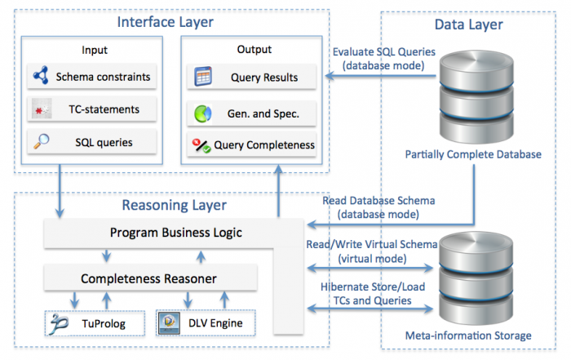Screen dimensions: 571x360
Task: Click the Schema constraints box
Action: pyautogui.click(x=91, y=77)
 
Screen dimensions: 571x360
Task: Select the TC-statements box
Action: pyautogui.click(x=91, y=109)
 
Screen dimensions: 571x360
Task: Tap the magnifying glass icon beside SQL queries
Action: pyautogui.click(x=42, y=141)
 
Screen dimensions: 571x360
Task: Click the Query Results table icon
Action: pyautogui.click(x=203, y=76)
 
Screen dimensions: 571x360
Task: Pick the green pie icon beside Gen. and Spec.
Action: pyautogui.click(x=203, y=113)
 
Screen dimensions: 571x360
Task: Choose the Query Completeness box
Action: pyautogui.click(x=251, y=144)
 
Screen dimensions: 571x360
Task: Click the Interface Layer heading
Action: pyautogui.click(x=165, y=22)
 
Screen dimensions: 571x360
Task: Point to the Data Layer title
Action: pyautogui.click(x=469, y=24)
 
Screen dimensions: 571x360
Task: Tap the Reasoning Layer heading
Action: pyautogui.click(x=174, y=205)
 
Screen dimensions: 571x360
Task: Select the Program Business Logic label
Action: pyautogui.click(x=176, y=233)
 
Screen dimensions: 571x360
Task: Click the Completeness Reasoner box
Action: pyautogui.click(x=150, y=278)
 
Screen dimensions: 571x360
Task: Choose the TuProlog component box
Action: pyautogui.click(x=95, y=323)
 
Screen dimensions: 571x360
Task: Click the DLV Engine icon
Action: pyautogui.click(x=170, y=322)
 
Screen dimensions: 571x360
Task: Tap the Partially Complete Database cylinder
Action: pyautogui.click(x=476, y=97)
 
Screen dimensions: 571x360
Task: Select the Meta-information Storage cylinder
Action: pyautogui.click(x=476, y=278)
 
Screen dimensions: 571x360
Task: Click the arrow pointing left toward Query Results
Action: pyautogui.click(x=381, y=76)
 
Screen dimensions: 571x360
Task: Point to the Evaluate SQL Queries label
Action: pyautogui.click(x=384, y=59)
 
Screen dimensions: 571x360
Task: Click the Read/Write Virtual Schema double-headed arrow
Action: pyautogui.click(x=370, y=269)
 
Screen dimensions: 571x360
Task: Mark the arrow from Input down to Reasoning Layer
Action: pyautogui.click(x=60, y=191)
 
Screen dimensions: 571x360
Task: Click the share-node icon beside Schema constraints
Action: pyautogui.click(x=41, y=75)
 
